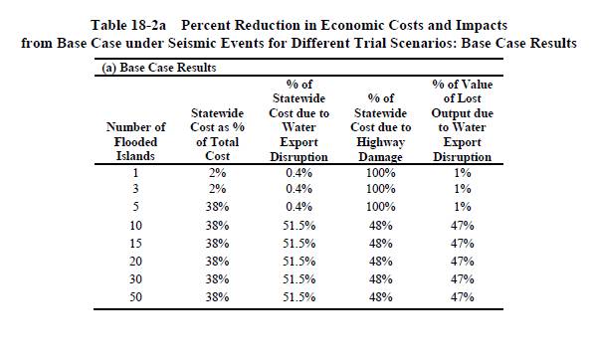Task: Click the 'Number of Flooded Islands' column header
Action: [x=135, y=141]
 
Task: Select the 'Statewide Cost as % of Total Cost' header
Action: [x=218, y=134]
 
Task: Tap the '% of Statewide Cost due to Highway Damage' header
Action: [x=380, y=127]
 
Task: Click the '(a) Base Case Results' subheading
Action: [x=159, y=68]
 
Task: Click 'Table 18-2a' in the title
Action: [x=128, y=25]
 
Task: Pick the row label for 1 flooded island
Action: [x=135, y=173]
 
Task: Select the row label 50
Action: [x=135, y=297]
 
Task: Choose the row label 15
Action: [x=135, y=244]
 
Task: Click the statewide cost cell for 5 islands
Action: [x=218, y=207]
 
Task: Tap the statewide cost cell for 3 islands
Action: [x=218, y=189]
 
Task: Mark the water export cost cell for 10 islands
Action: [x=299, y=226]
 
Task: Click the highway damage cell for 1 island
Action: [x=380, y=173]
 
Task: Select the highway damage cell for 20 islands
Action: [x=380, y=262]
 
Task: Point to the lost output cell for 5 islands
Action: [x=462, y=207]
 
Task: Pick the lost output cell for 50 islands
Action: [x=462, y=297]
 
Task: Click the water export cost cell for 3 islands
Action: [x=299, y=189]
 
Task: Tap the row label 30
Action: [x=135, y=279]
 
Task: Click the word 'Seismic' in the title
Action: [x=195, y=43]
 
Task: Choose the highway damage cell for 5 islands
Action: [x=380, y=207]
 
